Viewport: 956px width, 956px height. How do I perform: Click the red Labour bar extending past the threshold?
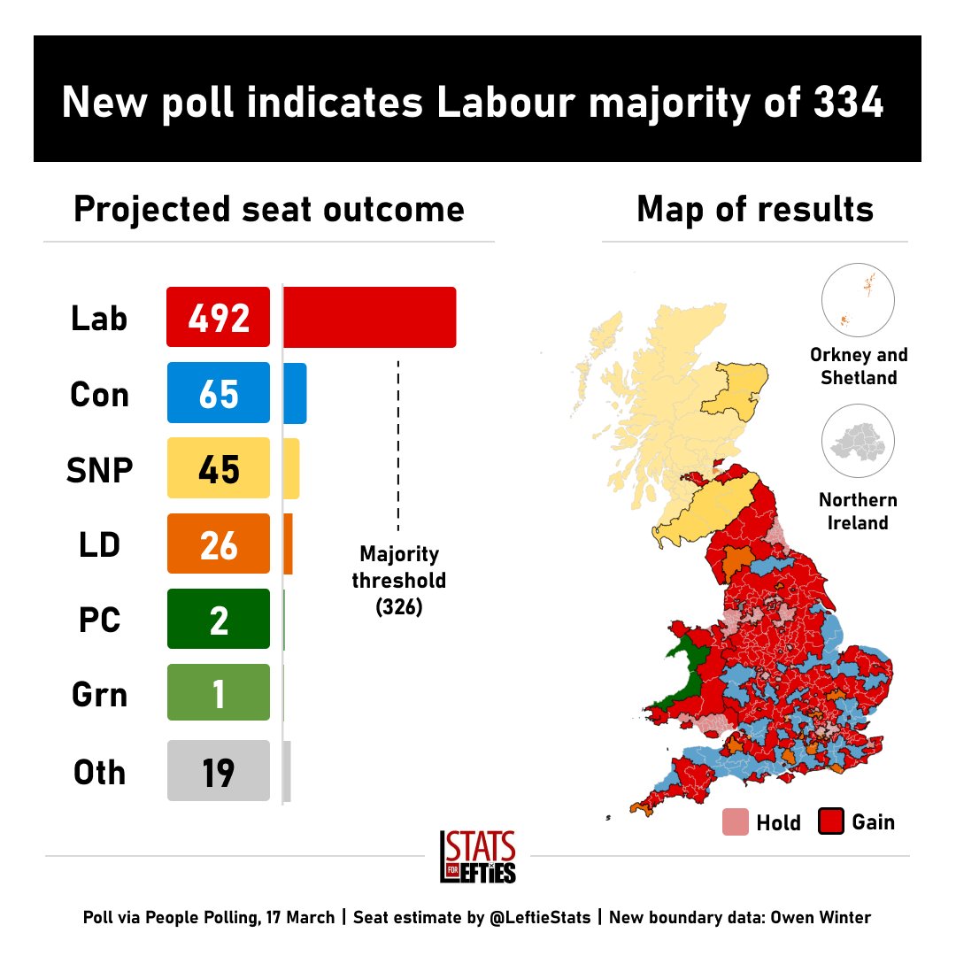point(369,317)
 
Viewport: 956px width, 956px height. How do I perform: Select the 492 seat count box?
point(219,317)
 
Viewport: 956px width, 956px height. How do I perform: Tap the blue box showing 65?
point(219,393)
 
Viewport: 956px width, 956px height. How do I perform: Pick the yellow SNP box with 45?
point(219,468)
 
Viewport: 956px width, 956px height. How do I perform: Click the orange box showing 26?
point(219,544)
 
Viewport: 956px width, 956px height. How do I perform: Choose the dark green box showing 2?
point(219,619)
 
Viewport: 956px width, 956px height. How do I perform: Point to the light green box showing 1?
point(219,692)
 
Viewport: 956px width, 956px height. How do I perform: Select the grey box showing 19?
point(219,771)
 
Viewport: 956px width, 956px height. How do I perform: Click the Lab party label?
point(99,319)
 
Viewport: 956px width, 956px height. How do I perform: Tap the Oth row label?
point(99,773)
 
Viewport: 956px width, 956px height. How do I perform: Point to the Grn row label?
point(99,695)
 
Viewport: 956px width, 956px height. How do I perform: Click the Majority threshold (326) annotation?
point(398,581)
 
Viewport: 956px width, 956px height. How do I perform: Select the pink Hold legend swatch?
point(736,821)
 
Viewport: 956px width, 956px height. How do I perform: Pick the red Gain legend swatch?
point(831,821)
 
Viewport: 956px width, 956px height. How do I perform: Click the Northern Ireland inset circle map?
point(858,441)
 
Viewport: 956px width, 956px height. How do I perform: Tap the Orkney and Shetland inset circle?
point(858,300)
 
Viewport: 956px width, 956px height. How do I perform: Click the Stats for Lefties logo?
point(478,857)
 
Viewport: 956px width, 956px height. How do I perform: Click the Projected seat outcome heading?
point(269,210)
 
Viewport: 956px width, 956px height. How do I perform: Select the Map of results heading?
point(755,209)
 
